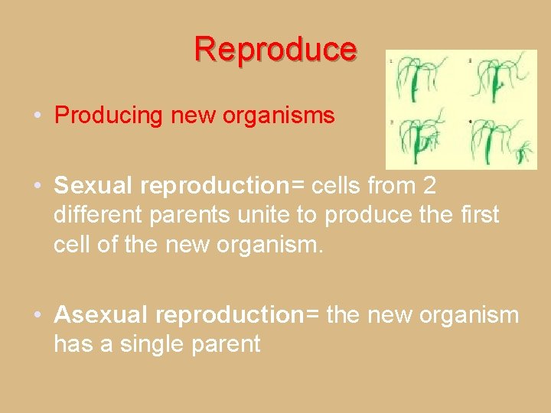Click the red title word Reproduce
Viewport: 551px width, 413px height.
click(x=275, y=49)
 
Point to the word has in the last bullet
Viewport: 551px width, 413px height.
click(x=72, y=344)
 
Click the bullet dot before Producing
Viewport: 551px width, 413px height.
click(x=37, y=115)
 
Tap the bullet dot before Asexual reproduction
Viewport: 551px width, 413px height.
click(x=37, y=314)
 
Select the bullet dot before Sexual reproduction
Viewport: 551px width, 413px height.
click(x=37, y=186)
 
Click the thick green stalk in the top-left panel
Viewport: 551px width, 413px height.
click(x=414, y=86)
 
